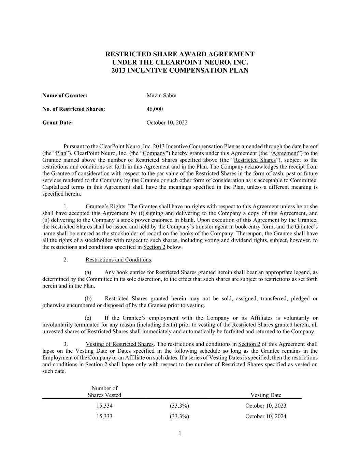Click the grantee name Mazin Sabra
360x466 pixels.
[x=161, y=96]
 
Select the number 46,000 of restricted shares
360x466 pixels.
[x=155, y=109]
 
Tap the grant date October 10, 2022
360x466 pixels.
[x=167, y=123]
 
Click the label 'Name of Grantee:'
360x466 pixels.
[x=65, y=96]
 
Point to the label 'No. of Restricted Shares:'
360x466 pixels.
[x=74, y=109]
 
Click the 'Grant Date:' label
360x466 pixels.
[x=58, y=123]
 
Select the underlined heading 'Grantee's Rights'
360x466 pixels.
[x=105, y=207]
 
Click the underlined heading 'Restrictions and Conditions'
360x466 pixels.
[x=118, y=260]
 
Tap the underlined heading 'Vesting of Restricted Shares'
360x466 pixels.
[x=119, y=344]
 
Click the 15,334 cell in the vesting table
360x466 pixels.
[x=104, y=406]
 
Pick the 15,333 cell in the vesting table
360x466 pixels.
[x=104, y=416]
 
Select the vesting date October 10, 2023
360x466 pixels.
[x=265, y=406]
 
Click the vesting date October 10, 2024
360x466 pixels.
[x=265, y=416]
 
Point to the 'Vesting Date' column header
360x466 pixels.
[x=266, y=395]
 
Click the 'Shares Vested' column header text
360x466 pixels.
[x=104, y=395]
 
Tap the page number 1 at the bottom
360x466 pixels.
[x=180, y=434]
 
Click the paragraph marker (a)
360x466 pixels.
[x=88, y=272]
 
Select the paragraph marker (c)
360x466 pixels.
[x=88, y=318]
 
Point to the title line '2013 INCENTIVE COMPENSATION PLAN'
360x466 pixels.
[x=180, y=71]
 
